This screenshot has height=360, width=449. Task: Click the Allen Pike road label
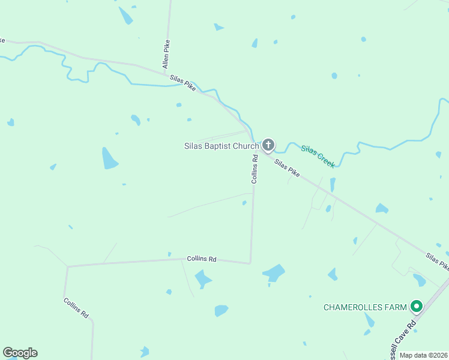tap(167, 53)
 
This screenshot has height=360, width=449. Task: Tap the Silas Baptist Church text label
tap(221, 146)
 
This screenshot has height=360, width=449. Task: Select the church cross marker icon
tap(268, 145)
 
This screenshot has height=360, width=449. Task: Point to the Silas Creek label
tap(318, 155)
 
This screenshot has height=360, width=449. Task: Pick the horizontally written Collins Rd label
tap(201, 259)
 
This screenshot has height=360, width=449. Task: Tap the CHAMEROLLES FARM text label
tap(365, 307)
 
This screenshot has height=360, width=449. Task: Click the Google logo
tap(20, 353)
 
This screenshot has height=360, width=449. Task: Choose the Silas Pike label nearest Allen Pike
tap(182, 83)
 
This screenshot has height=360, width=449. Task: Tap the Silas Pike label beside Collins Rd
tap(287, 167)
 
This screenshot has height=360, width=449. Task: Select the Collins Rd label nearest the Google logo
tap(76, 307)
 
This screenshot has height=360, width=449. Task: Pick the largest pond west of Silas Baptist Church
tap(110, 158)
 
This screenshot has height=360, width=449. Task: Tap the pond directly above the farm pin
tap(419, 280)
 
